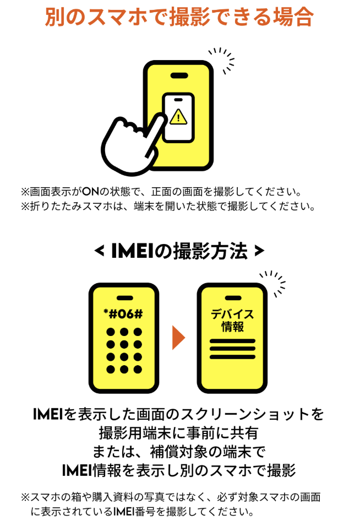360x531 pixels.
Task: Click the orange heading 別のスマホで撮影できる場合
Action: pyautogui.click(x=179, y=17)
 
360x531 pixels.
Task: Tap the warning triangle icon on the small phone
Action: pyautogui.click(x=178, y=116)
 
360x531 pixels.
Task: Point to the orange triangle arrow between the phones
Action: pyautogui.click(x=178, y=337)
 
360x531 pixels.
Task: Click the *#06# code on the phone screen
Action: pyautogui.click(x=123, y=314)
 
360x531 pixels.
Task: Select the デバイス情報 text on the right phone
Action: pyautogui.click(x=232, y=321)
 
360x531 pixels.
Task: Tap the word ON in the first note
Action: pyautogui.click(x=91, y=192)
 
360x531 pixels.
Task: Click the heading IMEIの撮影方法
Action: pyautogui.click(x=179, y=251)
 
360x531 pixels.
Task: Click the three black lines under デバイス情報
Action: pyautogui.click(x=232, y=349)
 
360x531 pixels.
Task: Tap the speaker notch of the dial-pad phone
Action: pyautogui.click(x=124, y=298)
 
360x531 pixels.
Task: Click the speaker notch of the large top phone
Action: pyautogui.click(x=179, y=75)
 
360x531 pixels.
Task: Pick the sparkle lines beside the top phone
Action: pyautogui.click(x=222, y=59)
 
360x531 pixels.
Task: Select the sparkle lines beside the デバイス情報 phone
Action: pyautogui.click(x=274, y=284)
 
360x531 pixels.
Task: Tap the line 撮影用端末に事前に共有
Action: pyautogui.click(x=179, y=433)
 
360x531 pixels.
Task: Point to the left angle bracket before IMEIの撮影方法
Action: pyautogui.click(x=99, y=251)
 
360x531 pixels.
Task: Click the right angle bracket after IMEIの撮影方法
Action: pyautogui.click(x=259, y=251)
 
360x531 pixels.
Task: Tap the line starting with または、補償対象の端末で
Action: pyautogui.click(x=179, y=452)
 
